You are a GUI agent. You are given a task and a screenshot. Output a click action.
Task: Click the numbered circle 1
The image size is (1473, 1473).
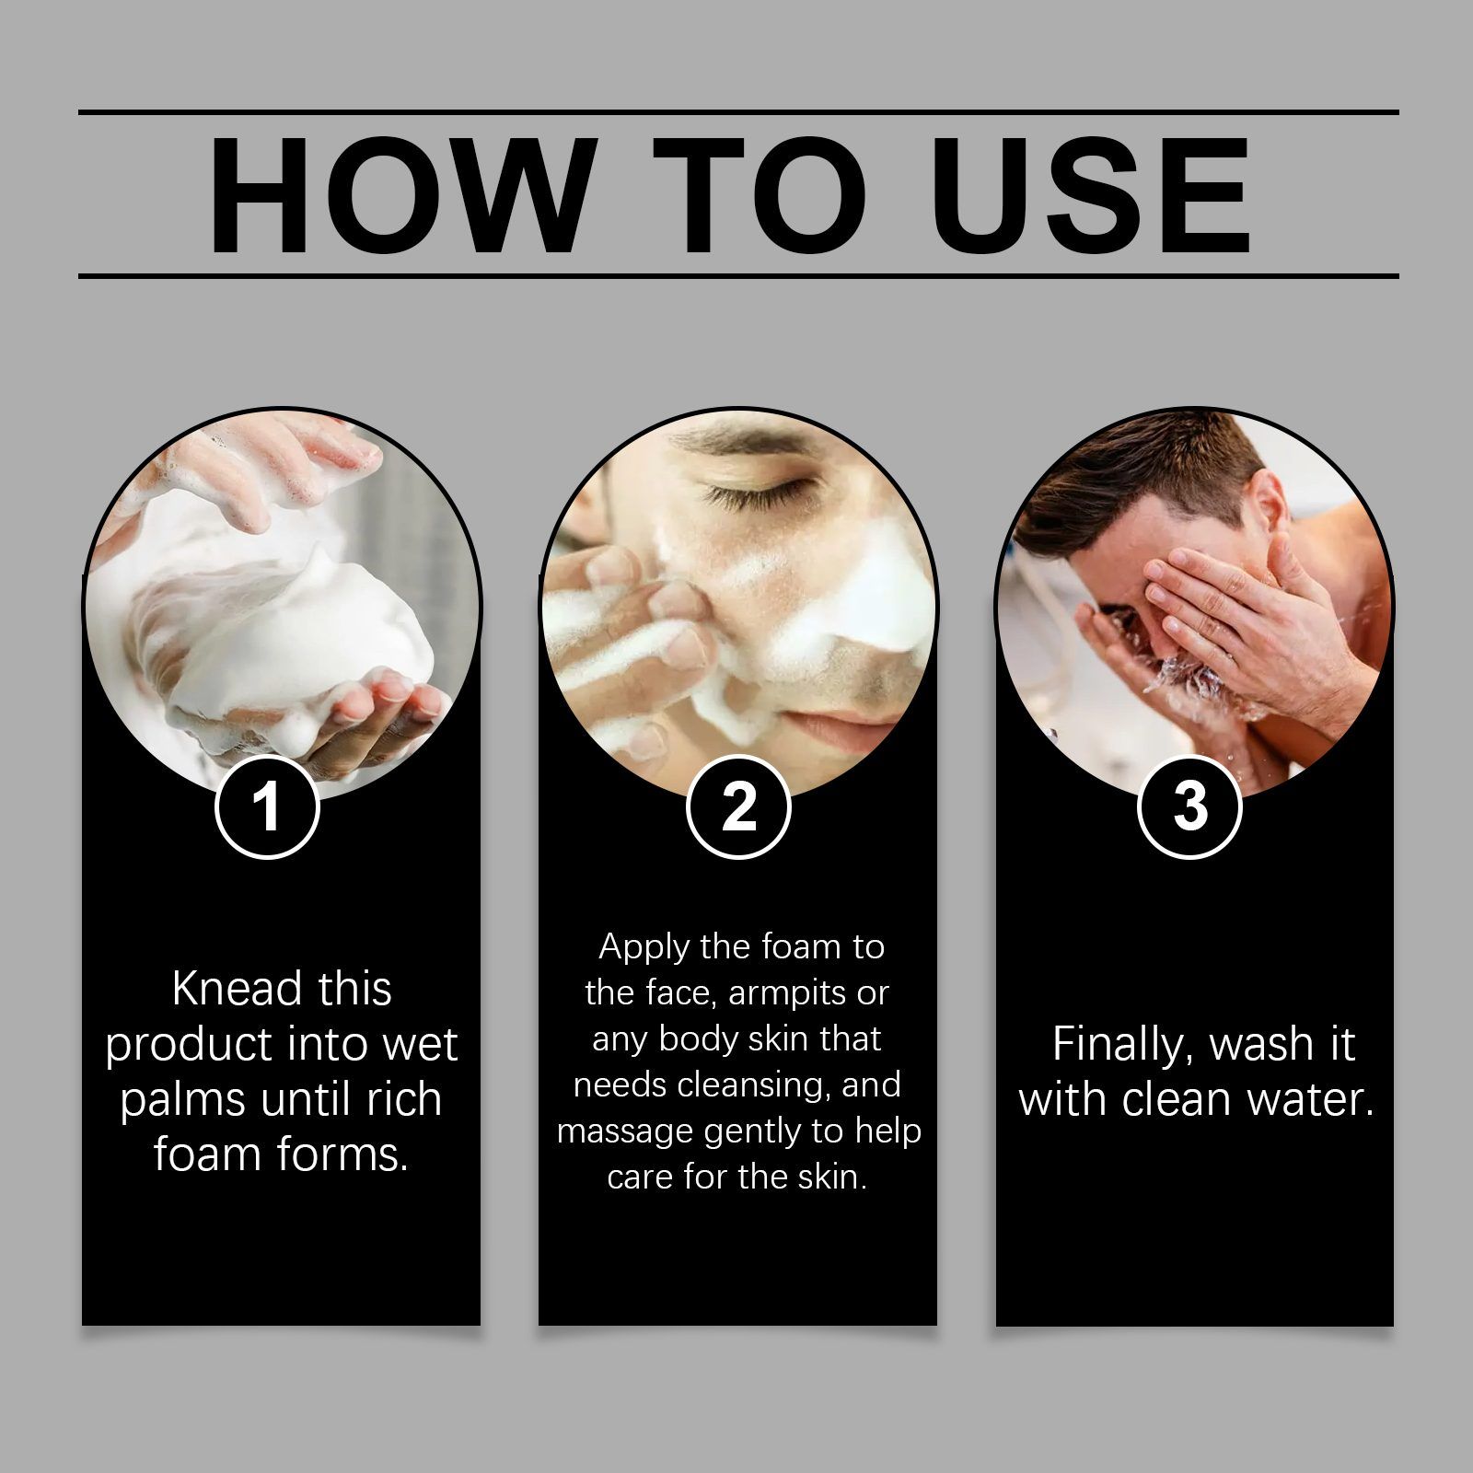coord(267,806)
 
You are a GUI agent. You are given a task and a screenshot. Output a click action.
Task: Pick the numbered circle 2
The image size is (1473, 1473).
coord(738,806)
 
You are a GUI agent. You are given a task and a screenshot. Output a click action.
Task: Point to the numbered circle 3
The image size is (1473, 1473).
coord(1189,806)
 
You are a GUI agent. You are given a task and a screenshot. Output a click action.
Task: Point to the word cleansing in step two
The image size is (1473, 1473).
coord(756,1085)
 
